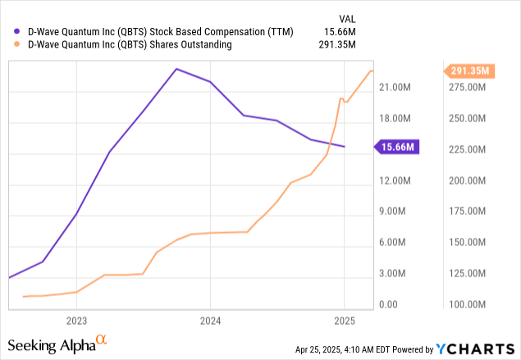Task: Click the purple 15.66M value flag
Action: click(x=399, y=147)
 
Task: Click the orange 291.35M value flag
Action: click(x=469, y=71)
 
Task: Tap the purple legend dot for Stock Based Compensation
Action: click(x=18, y=30)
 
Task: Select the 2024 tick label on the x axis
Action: click(x=210, y=320)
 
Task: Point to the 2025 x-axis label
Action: click(x=344, y=320)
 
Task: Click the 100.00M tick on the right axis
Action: click(x=472, y=305)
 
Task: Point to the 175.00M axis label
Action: click(x=472, y=212)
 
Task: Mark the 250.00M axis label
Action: click(x=472, y=118)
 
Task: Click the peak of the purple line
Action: click(x=176, y=69)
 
